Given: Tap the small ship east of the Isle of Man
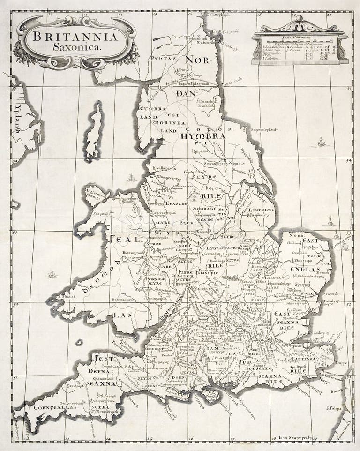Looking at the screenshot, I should tap(131, 178).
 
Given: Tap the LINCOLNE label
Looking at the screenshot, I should tap(261, 210).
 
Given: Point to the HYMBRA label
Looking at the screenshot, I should tap(202, 136).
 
